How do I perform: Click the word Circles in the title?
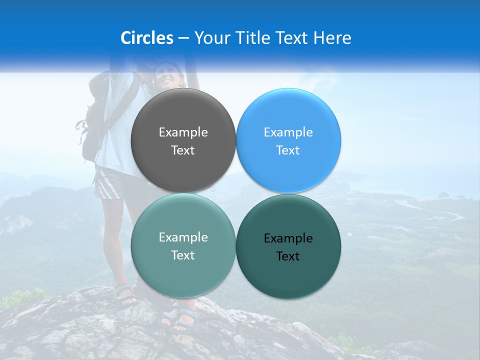[x=146, y=38]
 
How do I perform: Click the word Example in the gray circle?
[x=183, y=132]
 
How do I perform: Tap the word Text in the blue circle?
[x=288, y=150]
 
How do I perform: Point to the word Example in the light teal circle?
[x=183, y=237]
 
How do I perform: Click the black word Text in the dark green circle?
[x=288, y=256]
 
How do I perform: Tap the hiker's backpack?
[x=92, y=125]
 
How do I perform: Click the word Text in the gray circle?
[x=183, y=150]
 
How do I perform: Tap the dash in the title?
[x=183, y=38]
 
